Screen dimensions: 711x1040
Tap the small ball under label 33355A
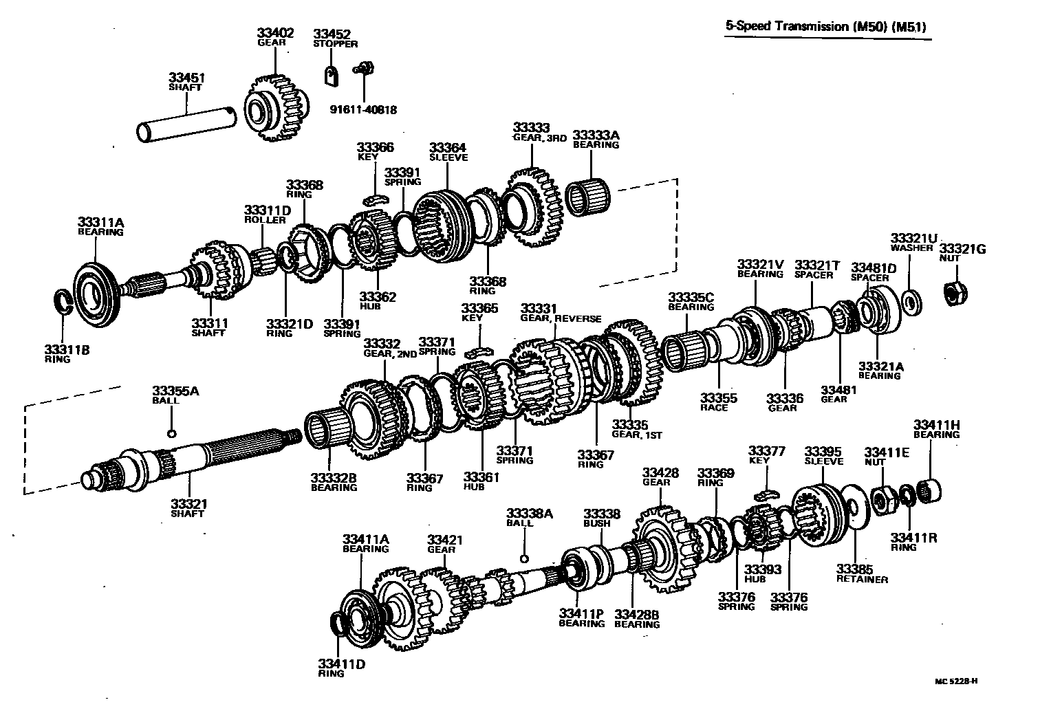[172, 433]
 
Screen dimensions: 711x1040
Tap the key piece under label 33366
[375, 199]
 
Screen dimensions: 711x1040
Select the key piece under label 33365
[480, 352]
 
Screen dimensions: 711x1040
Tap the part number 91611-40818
[363, 109]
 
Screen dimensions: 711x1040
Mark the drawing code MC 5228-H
[955, 681]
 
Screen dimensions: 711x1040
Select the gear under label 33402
[273, 107]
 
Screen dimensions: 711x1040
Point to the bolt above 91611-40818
[362, 68]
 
